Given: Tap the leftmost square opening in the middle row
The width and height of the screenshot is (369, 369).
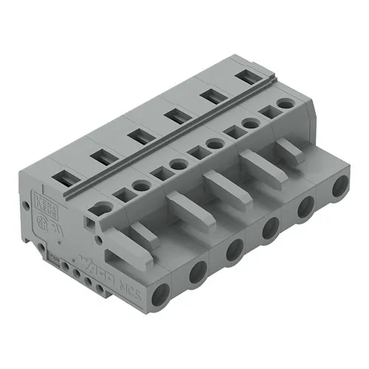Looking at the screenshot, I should (120, 195).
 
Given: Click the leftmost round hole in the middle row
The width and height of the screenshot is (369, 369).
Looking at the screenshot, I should (139, 186).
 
